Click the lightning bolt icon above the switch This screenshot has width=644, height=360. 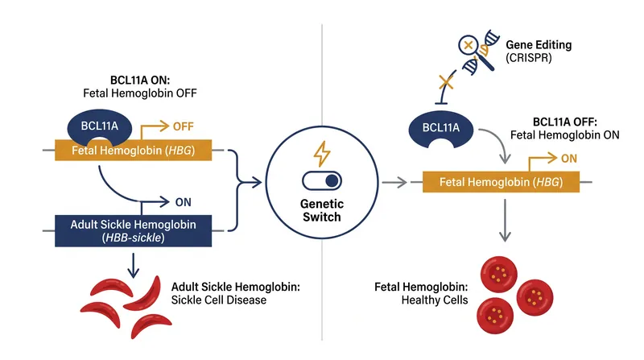coord(321,154)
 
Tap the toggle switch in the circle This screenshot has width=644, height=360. coord(321,181)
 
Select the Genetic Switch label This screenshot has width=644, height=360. coord(321,210)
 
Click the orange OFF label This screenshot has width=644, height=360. coord(184,126)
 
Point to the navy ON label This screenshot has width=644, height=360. coord(184,202)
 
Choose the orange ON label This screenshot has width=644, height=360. coord(569,159)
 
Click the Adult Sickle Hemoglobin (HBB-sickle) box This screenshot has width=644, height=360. coord(133,231)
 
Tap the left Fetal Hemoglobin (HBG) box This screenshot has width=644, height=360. coord(133,151)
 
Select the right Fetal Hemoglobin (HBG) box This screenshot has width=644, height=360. coord(501,182)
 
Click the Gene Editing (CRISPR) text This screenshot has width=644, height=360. coord(539,51)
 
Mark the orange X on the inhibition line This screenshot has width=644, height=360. coord(447,82)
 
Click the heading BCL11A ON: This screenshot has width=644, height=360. coord(140,81)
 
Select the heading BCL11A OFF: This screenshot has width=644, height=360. coord(565,122)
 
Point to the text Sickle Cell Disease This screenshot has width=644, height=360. coord(218,300)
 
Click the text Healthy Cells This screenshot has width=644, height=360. coord(435,300)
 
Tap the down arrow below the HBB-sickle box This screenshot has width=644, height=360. coord(133,266)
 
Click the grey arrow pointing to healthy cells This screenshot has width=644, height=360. coord(505,221)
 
